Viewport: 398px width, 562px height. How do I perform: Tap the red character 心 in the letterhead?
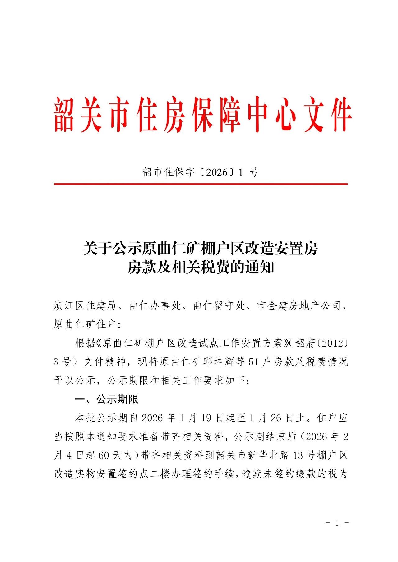pos(285,114)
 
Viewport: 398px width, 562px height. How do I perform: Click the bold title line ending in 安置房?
pos(201,249)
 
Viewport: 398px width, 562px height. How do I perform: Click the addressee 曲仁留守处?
pos(219,306)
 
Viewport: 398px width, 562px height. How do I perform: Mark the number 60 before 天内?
pos(104,455)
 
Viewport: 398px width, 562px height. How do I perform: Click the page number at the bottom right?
pos(337,523)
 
